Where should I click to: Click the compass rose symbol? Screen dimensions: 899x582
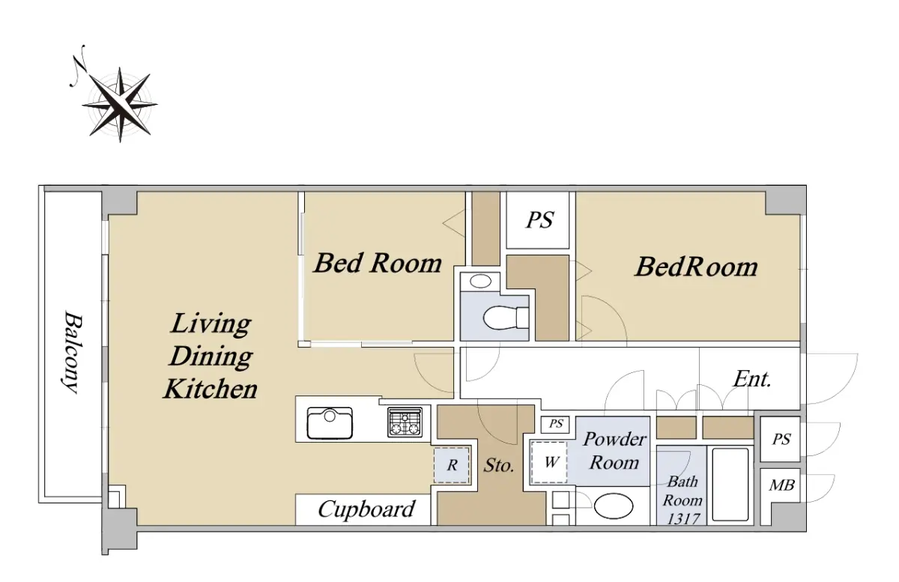pos(120,104)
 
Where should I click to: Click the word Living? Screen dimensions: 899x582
pos(211,324)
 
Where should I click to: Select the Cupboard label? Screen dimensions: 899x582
pos(366,509)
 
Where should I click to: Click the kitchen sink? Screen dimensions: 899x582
pos(330,423)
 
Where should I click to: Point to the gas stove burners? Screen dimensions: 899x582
pos(405,422)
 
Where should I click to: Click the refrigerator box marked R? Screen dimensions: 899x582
pos(452,465)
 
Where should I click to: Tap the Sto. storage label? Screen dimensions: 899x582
pos(499,465)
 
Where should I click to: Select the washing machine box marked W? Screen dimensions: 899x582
pos(549,462)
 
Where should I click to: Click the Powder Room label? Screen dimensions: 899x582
pos(614,451)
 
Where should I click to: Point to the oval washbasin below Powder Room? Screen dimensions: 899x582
pos(614,506)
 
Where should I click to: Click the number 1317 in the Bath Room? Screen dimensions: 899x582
pos(683,519)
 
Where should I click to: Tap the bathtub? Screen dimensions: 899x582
pos(730,485)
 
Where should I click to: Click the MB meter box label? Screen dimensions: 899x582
pos(781,485)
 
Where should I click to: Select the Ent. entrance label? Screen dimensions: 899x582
pos(752,379)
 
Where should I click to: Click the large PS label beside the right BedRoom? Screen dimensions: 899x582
pos(540,220)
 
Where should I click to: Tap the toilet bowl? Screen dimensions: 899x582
pos(506,318)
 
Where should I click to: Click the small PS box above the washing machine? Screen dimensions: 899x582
pos(556,424)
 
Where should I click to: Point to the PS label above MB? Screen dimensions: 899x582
pos(781,440)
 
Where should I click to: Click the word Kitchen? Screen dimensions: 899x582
pos(210,389)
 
